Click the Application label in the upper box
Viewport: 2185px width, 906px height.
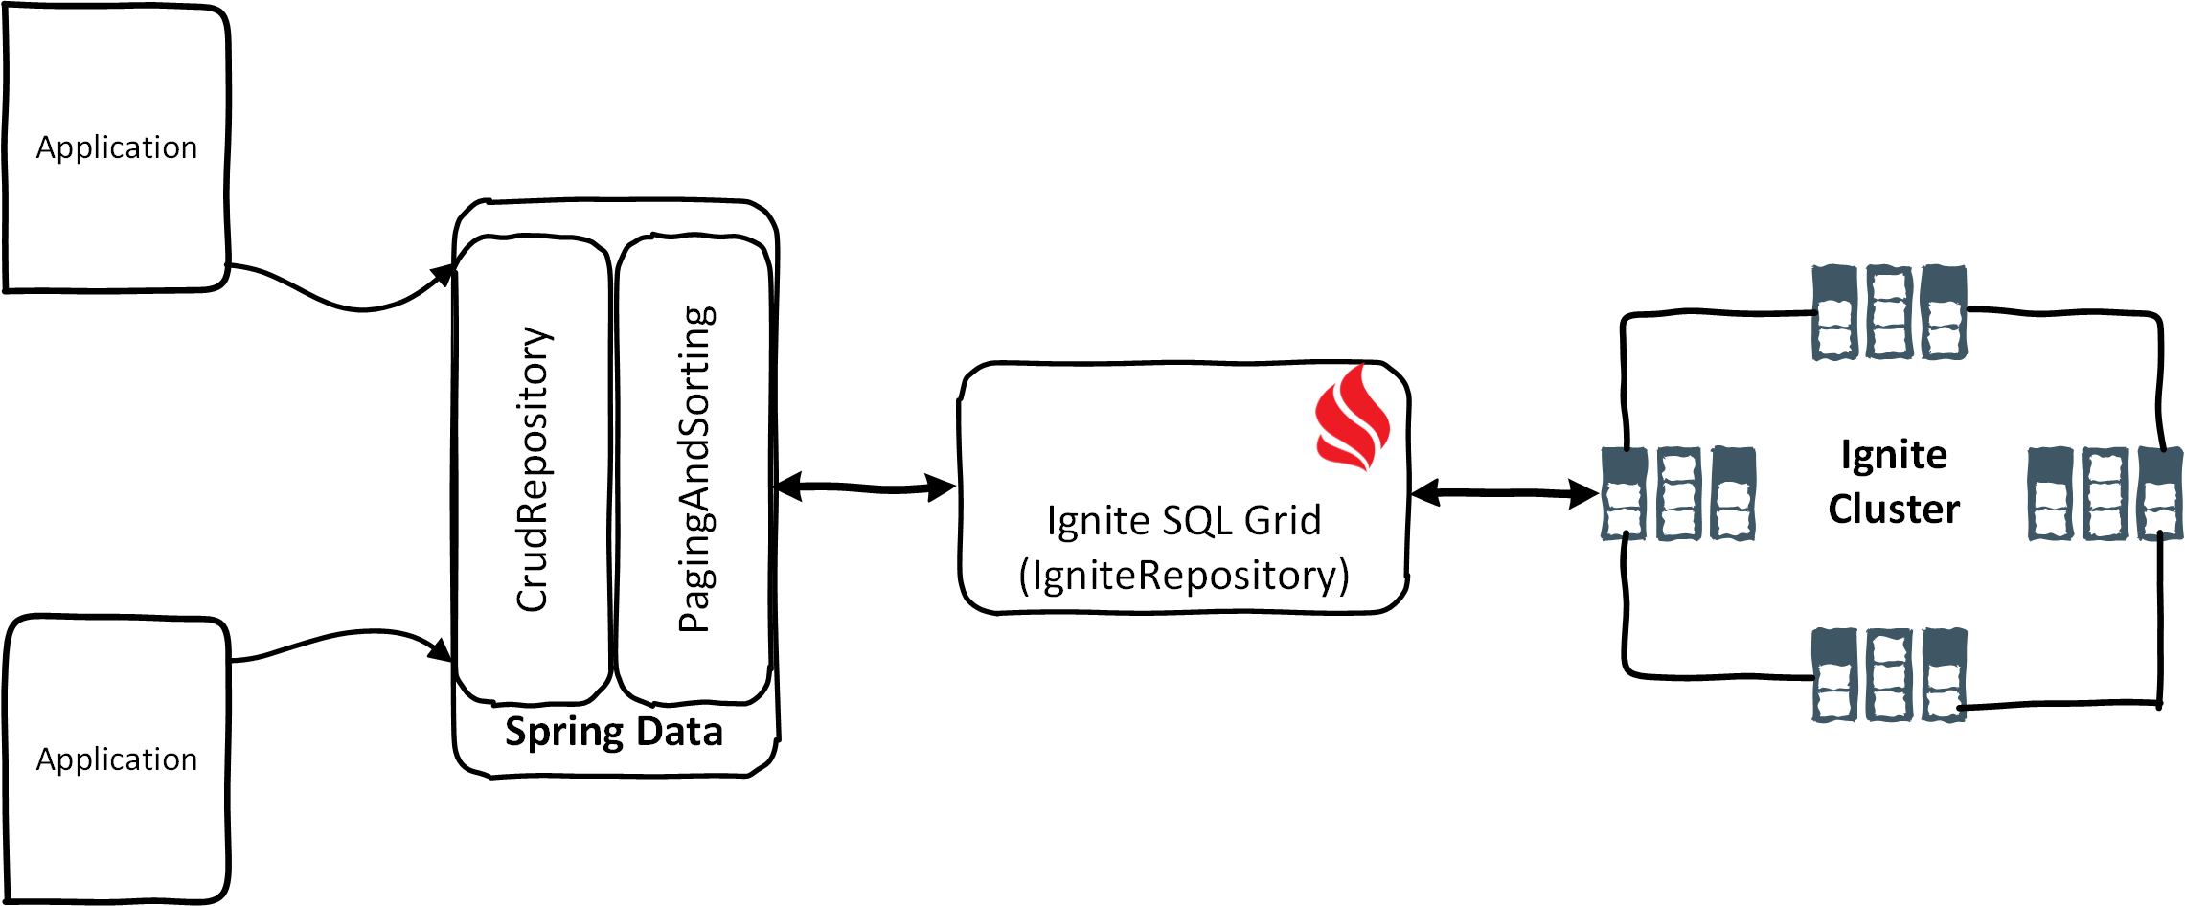[x=117, y=147]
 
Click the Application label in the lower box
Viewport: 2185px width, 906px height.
[x=117, y=759]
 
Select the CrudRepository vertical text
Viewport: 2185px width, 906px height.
[x=534, y=469]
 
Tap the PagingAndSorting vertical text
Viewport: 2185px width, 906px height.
[x=696, y=469]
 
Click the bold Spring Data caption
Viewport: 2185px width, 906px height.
[x=614, y=732]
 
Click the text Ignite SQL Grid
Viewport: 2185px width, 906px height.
[x=1184, y=521]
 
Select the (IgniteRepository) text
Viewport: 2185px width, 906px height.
[x=1184, y=576]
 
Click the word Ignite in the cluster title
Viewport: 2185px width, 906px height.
[x=1894, y=455]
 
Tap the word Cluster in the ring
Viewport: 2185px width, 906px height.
[x=1894, y=509]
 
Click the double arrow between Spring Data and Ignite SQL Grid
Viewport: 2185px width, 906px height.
[x=866, y=488]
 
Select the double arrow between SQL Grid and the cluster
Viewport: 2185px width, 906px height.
[x=1505, y=493]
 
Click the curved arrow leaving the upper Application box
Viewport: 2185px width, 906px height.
[x=345, y=302]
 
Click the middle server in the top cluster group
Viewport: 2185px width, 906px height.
[x=1889, y=313]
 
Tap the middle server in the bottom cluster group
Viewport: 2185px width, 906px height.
[x=1889, y=675]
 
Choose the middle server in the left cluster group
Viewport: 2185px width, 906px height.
[x=1678, y=494]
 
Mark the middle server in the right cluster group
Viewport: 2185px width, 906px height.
[x=2105, y=494]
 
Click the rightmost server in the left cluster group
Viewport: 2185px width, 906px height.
[x=1733, y=494]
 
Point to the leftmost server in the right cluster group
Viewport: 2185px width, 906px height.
[x=2051, y=494]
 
